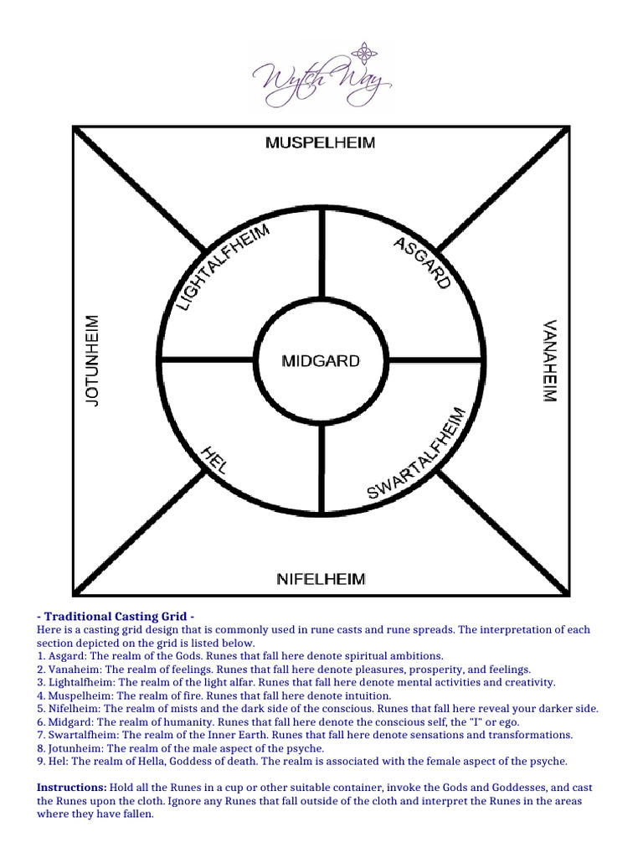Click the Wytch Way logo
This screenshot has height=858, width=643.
(x=321, y=75)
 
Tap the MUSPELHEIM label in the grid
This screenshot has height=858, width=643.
(x=321, y=143)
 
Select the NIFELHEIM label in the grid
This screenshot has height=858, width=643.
(x=321, y=579)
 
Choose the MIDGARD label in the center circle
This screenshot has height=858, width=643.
(x=321, y=362)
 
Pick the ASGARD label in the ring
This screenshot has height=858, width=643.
(x=422, y=262)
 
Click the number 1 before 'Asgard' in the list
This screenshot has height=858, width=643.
(x=40, y=656)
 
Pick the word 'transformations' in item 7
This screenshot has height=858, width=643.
(x=529, y=735)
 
